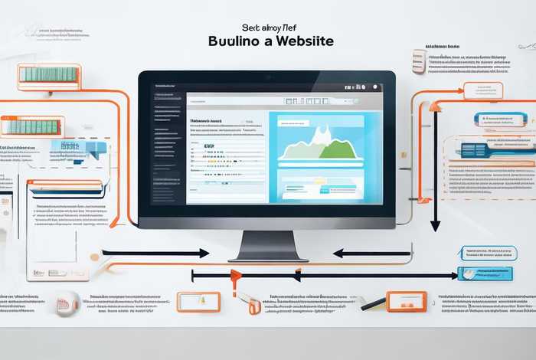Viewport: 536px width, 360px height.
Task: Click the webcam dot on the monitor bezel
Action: pyautogui.click(x=268, y=77)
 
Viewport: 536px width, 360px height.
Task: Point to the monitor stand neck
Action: pyautogui.click(x=267, y=243)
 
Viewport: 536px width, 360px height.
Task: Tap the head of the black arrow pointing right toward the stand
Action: pyautogui.click(x=204, y=253)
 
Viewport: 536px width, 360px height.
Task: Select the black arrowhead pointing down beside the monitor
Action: pyautogui.click(x=435, y=224)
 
